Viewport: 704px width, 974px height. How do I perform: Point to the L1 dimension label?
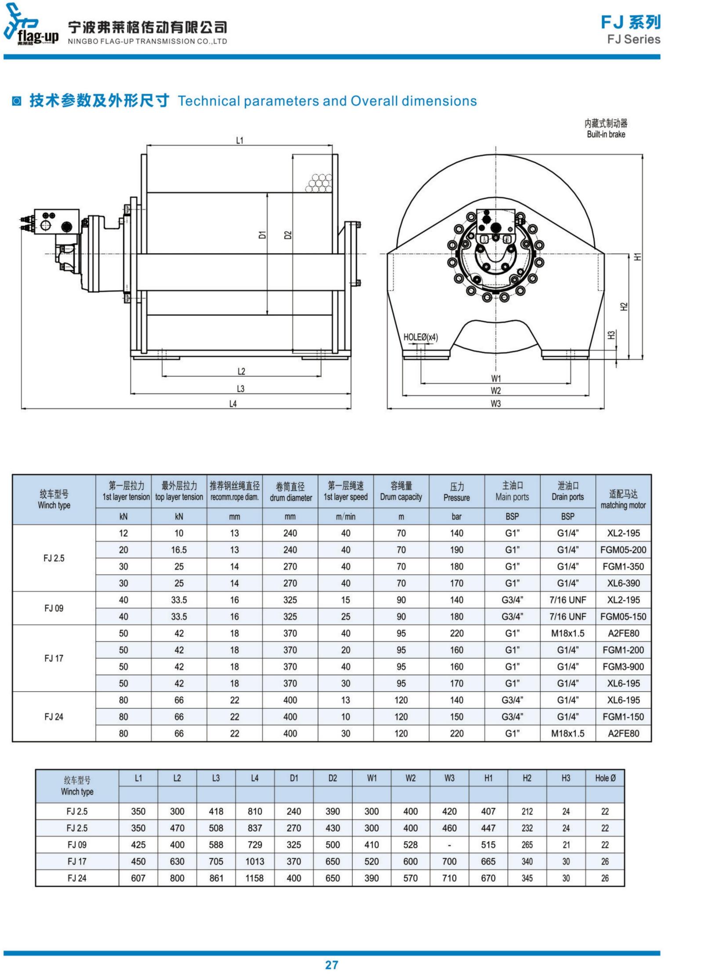tap(240, 140)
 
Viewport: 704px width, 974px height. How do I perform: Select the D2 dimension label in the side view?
tap(288, 235)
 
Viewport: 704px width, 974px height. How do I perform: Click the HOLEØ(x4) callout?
tap(421, 337)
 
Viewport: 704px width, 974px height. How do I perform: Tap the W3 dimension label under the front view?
tap(496, 403)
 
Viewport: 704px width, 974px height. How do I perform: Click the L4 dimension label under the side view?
tap(233, 403)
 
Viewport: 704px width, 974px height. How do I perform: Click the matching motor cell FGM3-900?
tap(623, 667)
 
